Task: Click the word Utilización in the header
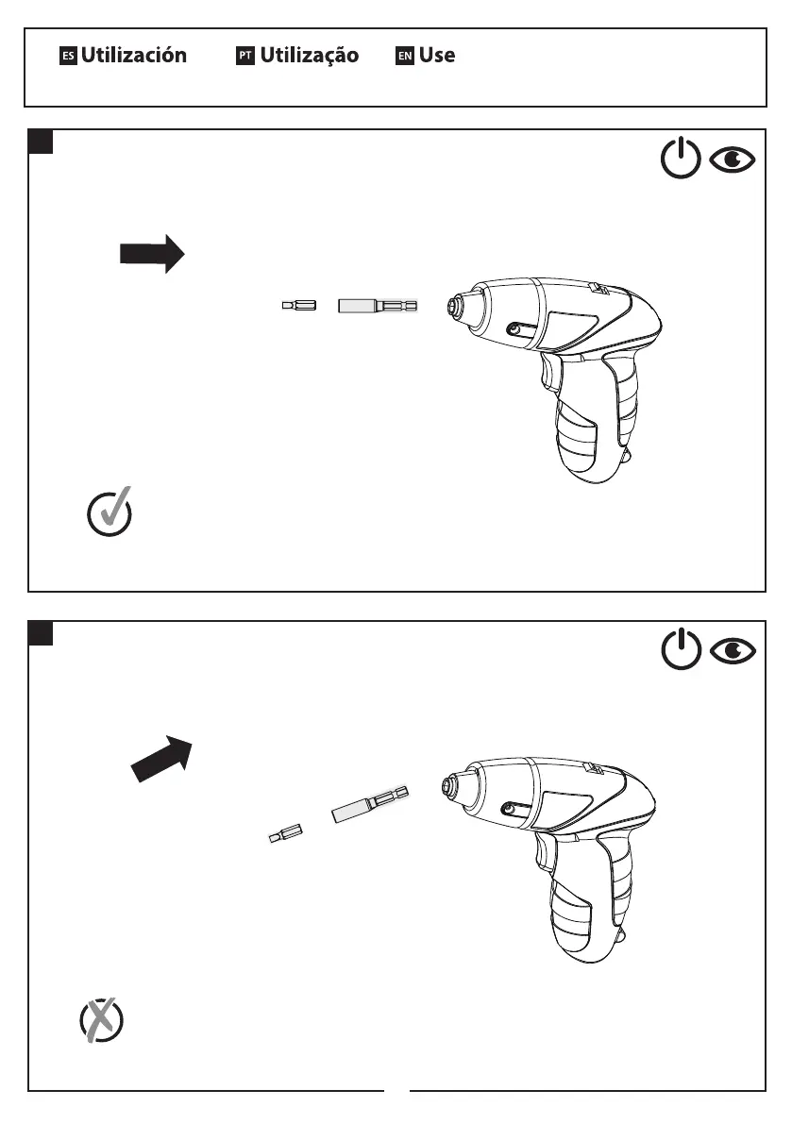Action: [x=133, y=56]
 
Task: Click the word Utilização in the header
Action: [x=309, y=56]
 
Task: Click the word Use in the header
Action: [x=437, y=56]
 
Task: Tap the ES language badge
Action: [x=67, y=57]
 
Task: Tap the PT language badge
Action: [x=245, y=57]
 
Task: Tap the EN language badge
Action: [x=405, y=57]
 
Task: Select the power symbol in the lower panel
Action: [x=680, y=651]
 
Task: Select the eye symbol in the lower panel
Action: [x=733, y=651]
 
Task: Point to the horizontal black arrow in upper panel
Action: [x=151, y=254]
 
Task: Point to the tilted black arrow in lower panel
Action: [x=161, y=758]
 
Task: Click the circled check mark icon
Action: [x=110, y=513]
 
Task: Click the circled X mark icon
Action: [x=101, y=1019]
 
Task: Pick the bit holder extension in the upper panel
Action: [x=378, y=306]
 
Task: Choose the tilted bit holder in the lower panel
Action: [x=370, y=803]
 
